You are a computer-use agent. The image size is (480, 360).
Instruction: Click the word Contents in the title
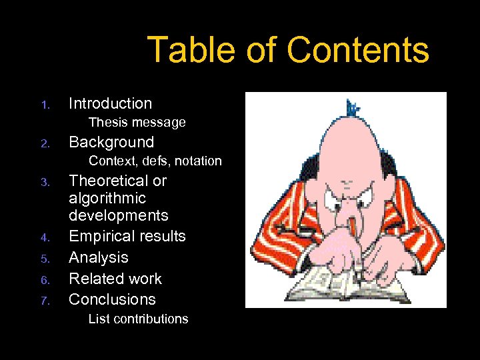point(358,49)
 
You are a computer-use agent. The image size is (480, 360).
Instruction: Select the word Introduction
point(111,103)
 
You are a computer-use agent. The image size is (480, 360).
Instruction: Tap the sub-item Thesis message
point(137,123)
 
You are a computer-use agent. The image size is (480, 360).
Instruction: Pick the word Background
point(111,142)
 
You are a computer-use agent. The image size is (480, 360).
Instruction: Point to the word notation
point(198,161)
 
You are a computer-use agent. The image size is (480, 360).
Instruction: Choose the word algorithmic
point(107,198)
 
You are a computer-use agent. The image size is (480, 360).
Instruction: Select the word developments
point(119,215)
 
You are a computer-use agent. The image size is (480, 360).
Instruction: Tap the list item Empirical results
point(127,236)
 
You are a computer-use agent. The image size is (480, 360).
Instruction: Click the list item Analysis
point(99,257)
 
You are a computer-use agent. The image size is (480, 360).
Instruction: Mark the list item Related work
point(115,278)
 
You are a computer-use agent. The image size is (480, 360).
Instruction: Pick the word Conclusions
point(112,299)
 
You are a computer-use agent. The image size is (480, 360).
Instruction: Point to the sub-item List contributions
point(138,319)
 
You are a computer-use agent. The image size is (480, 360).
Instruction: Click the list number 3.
point(45,182)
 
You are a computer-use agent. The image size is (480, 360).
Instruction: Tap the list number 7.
point(45,301)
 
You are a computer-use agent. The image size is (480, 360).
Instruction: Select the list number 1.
point(45,105)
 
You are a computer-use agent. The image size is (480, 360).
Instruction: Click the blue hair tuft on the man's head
point(351,107)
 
